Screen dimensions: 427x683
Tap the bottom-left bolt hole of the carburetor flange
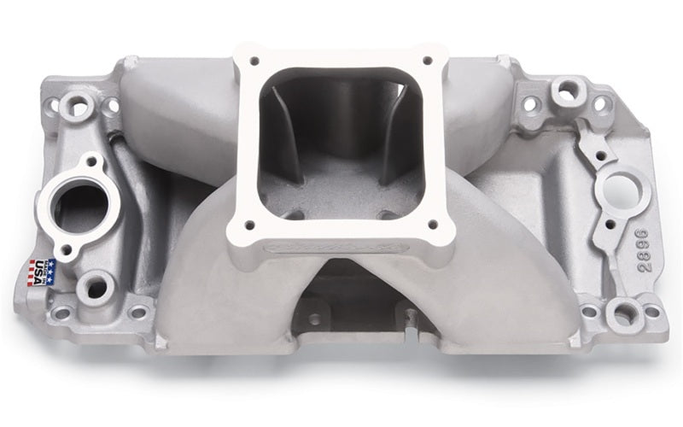point(251,227)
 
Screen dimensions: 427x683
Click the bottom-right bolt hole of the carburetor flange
point(433,225)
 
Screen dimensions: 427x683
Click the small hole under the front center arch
point(316,319)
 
